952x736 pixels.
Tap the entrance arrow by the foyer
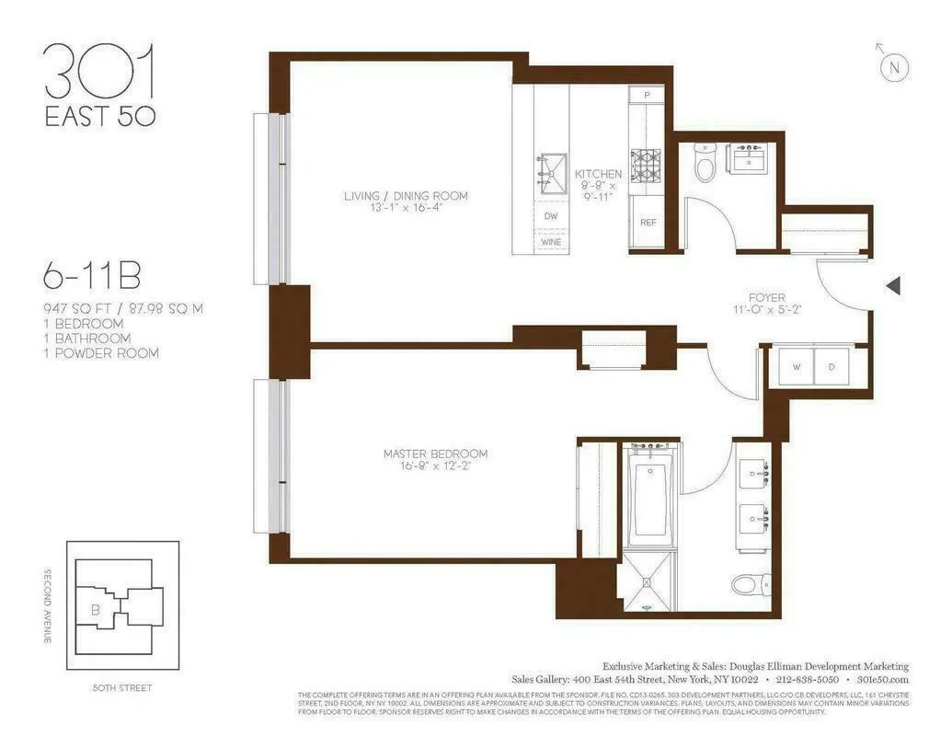[892, 287]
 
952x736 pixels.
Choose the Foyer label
[766, 305]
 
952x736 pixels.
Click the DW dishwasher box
[551, 216]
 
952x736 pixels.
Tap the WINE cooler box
[551, 242]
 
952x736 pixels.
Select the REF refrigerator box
[648, 222]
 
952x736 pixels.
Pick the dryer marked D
[832, 367]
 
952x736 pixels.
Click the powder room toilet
[705, 164]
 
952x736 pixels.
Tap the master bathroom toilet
[748, 583]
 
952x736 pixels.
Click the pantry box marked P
[647, 95]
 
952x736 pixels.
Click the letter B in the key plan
[94, 608]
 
